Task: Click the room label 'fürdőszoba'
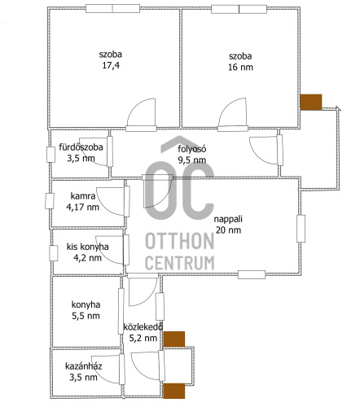point(81,147)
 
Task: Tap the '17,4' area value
point(111,65)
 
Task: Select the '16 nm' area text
point(240,67)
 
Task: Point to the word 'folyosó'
point(192,149)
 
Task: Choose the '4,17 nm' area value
point(82,207)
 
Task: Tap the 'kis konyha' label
point(87,247)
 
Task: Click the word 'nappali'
point(228,219)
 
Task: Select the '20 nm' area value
point(228,230)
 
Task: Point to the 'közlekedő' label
point(143,326)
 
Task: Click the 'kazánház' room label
point(84,366)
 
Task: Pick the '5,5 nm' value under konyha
point(86,316)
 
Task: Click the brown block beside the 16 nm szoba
point(311,102)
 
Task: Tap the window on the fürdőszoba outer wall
point(50,155)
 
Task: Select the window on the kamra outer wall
point(50,201)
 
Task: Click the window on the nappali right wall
point(301,229)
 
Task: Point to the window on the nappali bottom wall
point(252,274)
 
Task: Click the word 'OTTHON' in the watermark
point(180,241)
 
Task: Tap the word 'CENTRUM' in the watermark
point(180,262)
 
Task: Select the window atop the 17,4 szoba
point(113,8)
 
